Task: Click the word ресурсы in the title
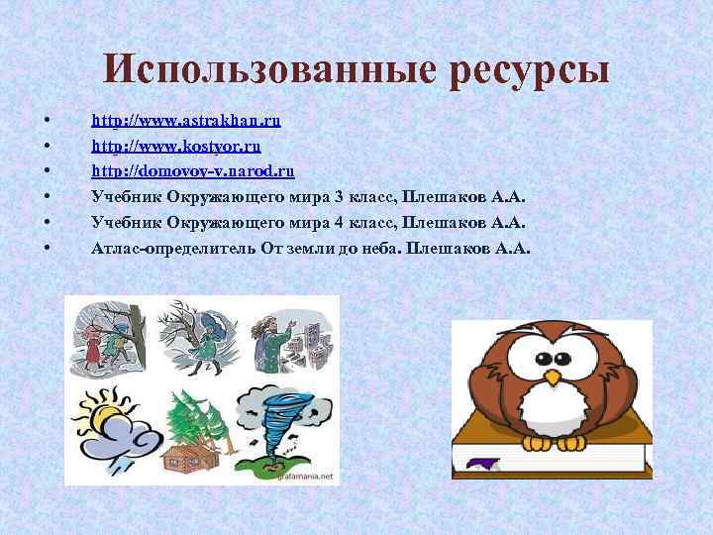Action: pos(529,72)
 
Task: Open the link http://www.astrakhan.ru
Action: pos(186,121)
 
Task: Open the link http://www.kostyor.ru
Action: pos(176,146)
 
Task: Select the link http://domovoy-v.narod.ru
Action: pos(192,170)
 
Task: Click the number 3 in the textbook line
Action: pos(339,196)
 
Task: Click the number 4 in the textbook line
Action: pos(339,222)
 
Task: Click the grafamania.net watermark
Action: pos(309,477)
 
